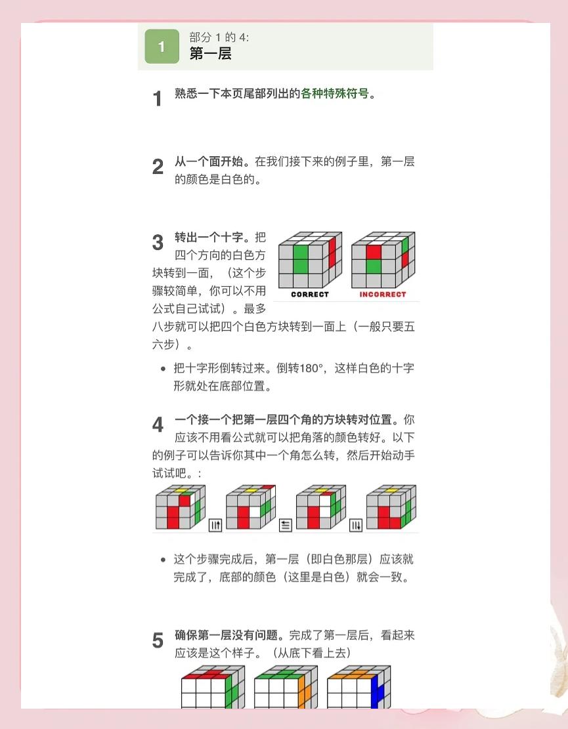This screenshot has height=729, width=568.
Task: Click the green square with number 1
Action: (x=162, y=47)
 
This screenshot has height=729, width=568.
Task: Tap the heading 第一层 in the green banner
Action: (x=210, y=53)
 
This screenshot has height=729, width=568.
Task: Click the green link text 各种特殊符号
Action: (x=335, y=93)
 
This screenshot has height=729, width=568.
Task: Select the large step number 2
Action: (x=158, y=167)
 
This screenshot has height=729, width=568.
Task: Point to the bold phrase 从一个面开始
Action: (x=209, y=161)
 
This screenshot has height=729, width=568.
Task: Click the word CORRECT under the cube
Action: (x=310, y=295)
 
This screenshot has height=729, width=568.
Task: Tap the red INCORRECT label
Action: (x=383, y=295)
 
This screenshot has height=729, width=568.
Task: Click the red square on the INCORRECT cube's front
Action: (x=374, y=252)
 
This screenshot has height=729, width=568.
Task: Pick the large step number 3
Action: (x=158, y=243)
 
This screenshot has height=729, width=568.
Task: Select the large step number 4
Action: (x=158, y=425)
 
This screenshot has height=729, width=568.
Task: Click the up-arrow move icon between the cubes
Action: (x=215, y=526)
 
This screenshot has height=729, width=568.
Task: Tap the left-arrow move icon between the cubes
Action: (x=285, y=526)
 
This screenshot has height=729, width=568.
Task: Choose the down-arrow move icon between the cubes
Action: (x=356, y=526)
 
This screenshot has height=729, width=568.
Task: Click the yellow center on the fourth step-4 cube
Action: (x=391, y=491)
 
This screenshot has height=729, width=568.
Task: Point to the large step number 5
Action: (x=158, y=640)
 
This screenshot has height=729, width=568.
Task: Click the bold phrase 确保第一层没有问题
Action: (x=226, y=635)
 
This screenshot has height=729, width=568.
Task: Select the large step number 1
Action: (x=158, y=98)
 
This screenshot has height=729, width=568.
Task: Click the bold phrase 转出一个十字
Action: (x=209, y=237)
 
